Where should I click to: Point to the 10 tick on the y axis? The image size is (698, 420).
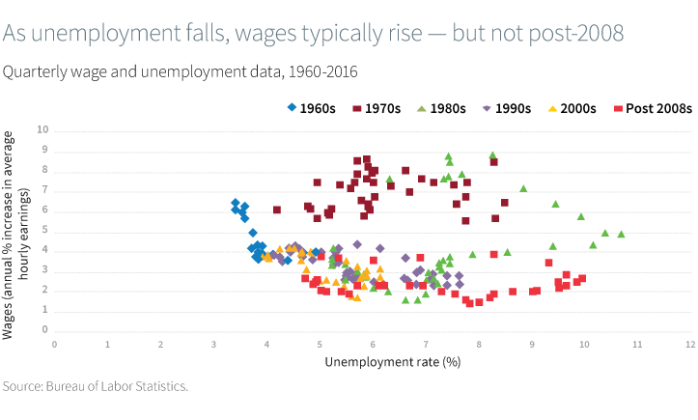pos(42,130)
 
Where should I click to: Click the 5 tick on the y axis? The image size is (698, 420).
pos(44,231)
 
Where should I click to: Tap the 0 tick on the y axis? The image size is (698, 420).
pos(44,330)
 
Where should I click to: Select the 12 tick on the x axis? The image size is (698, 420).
pos(689,343)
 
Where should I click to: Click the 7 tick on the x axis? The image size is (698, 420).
pos(425,343)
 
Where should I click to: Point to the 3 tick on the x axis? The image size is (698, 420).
pos(213,343)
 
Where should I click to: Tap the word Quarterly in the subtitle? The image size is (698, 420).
pos(35,70)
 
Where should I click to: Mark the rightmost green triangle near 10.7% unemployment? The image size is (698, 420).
pos(621,234)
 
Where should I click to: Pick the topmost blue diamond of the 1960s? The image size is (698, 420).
pos(236,203)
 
